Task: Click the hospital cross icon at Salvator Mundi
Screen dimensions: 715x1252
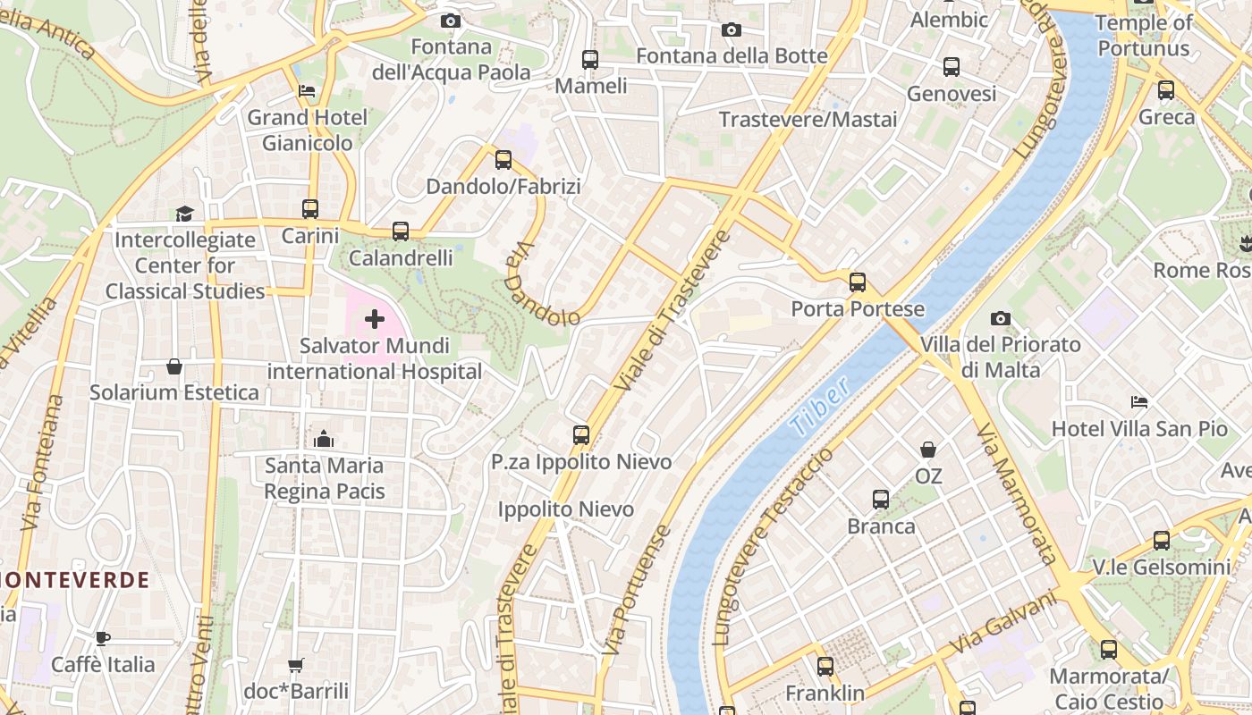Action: [x=375, y=319]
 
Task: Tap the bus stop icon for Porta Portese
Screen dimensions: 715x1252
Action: [x=858, y=282]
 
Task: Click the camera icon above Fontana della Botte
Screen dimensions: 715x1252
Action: [x=732, y=29]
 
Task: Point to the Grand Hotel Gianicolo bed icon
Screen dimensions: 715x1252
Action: [x=307, y=91]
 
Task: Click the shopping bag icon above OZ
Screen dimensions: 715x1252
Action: [x=928, y=450]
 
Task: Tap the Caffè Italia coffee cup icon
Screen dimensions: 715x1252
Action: [x=103, y=638]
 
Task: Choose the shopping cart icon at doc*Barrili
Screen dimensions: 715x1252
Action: [x=296, y=665]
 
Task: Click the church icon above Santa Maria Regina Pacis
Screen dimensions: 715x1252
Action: [x=324, y=439]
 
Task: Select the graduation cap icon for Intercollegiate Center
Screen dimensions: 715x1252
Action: [x=184, y=214]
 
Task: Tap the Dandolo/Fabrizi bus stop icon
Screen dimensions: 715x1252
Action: [x=503, y=160]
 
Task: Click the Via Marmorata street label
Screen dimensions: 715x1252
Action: [x=1017, y=493]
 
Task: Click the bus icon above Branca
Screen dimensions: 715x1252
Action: [x=881, y=500]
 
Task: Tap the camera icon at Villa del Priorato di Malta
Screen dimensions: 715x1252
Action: [x=1001, y=318]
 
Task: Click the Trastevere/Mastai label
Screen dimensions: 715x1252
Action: [x=808, y=120]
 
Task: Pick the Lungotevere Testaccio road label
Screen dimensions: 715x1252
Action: [x=774, y=546]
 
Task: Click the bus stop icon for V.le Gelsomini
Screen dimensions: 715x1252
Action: [x=1162, y=541]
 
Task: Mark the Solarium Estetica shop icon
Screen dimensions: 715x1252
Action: [x=174, y=366]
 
